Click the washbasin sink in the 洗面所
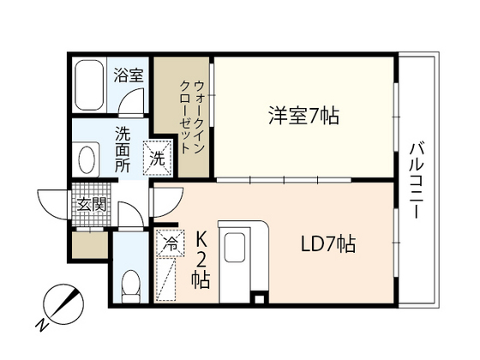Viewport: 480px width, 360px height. pyautogui.click(x=87, y=160)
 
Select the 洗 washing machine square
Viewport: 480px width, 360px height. pyautogui.click(x=157, y=157)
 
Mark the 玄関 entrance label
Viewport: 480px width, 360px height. pyautogui.click(x=90, y=205)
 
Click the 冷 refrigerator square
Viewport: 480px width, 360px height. pyautogui.click(x=169, y=243)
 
